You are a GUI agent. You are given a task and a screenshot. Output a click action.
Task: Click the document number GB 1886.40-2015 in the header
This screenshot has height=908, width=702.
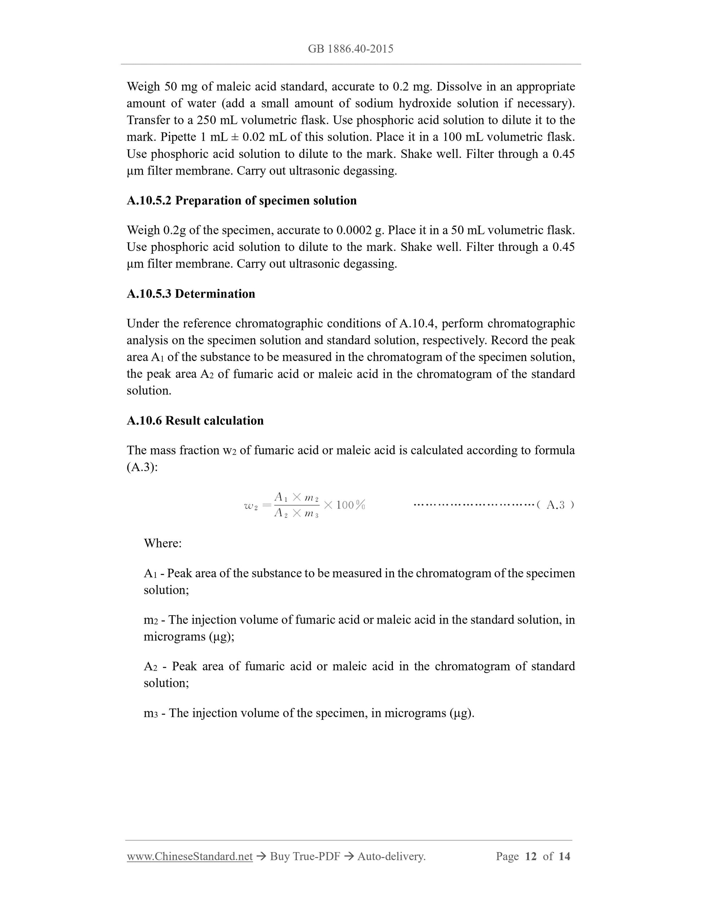(351, 49)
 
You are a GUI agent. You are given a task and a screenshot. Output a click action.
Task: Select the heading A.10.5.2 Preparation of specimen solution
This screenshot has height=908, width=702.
(242, 200)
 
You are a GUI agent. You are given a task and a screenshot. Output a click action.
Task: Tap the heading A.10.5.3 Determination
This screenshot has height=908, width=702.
(191, 294)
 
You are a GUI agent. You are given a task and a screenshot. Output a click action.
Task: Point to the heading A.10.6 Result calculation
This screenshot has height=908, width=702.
(195, 420)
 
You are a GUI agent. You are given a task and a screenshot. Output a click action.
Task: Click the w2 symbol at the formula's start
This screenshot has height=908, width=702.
(251, 506)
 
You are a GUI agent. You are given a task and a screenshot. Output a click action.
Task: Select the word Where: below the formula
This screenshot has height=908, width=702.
(163, 543)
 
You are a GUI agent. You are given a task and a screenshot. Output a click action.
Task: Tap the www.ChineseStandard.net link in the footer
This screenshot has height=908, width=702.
(190, 856)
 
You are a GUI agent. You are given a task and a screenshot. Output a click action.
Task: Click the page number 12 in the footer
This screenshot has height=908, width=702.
(531, 856)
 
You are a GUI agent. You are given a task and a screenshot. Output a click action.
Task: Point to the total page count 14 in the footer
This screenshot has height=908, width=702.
(564, 856)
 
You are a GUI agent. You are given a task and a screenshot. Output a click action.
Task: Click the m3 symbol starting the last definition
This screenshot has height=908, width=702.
(150, 713)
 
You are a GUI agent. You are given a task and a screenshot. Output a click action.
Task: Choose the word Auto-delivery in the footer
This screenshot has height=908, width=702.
(391, 856)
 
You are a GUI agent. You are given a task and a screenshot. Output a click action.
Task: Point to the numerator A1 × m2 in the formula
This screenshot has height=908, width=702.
(297, 497)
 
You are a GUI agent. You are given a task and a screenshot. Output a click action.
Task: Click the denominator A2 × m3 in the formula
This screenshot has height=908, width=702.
(297, 514)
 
